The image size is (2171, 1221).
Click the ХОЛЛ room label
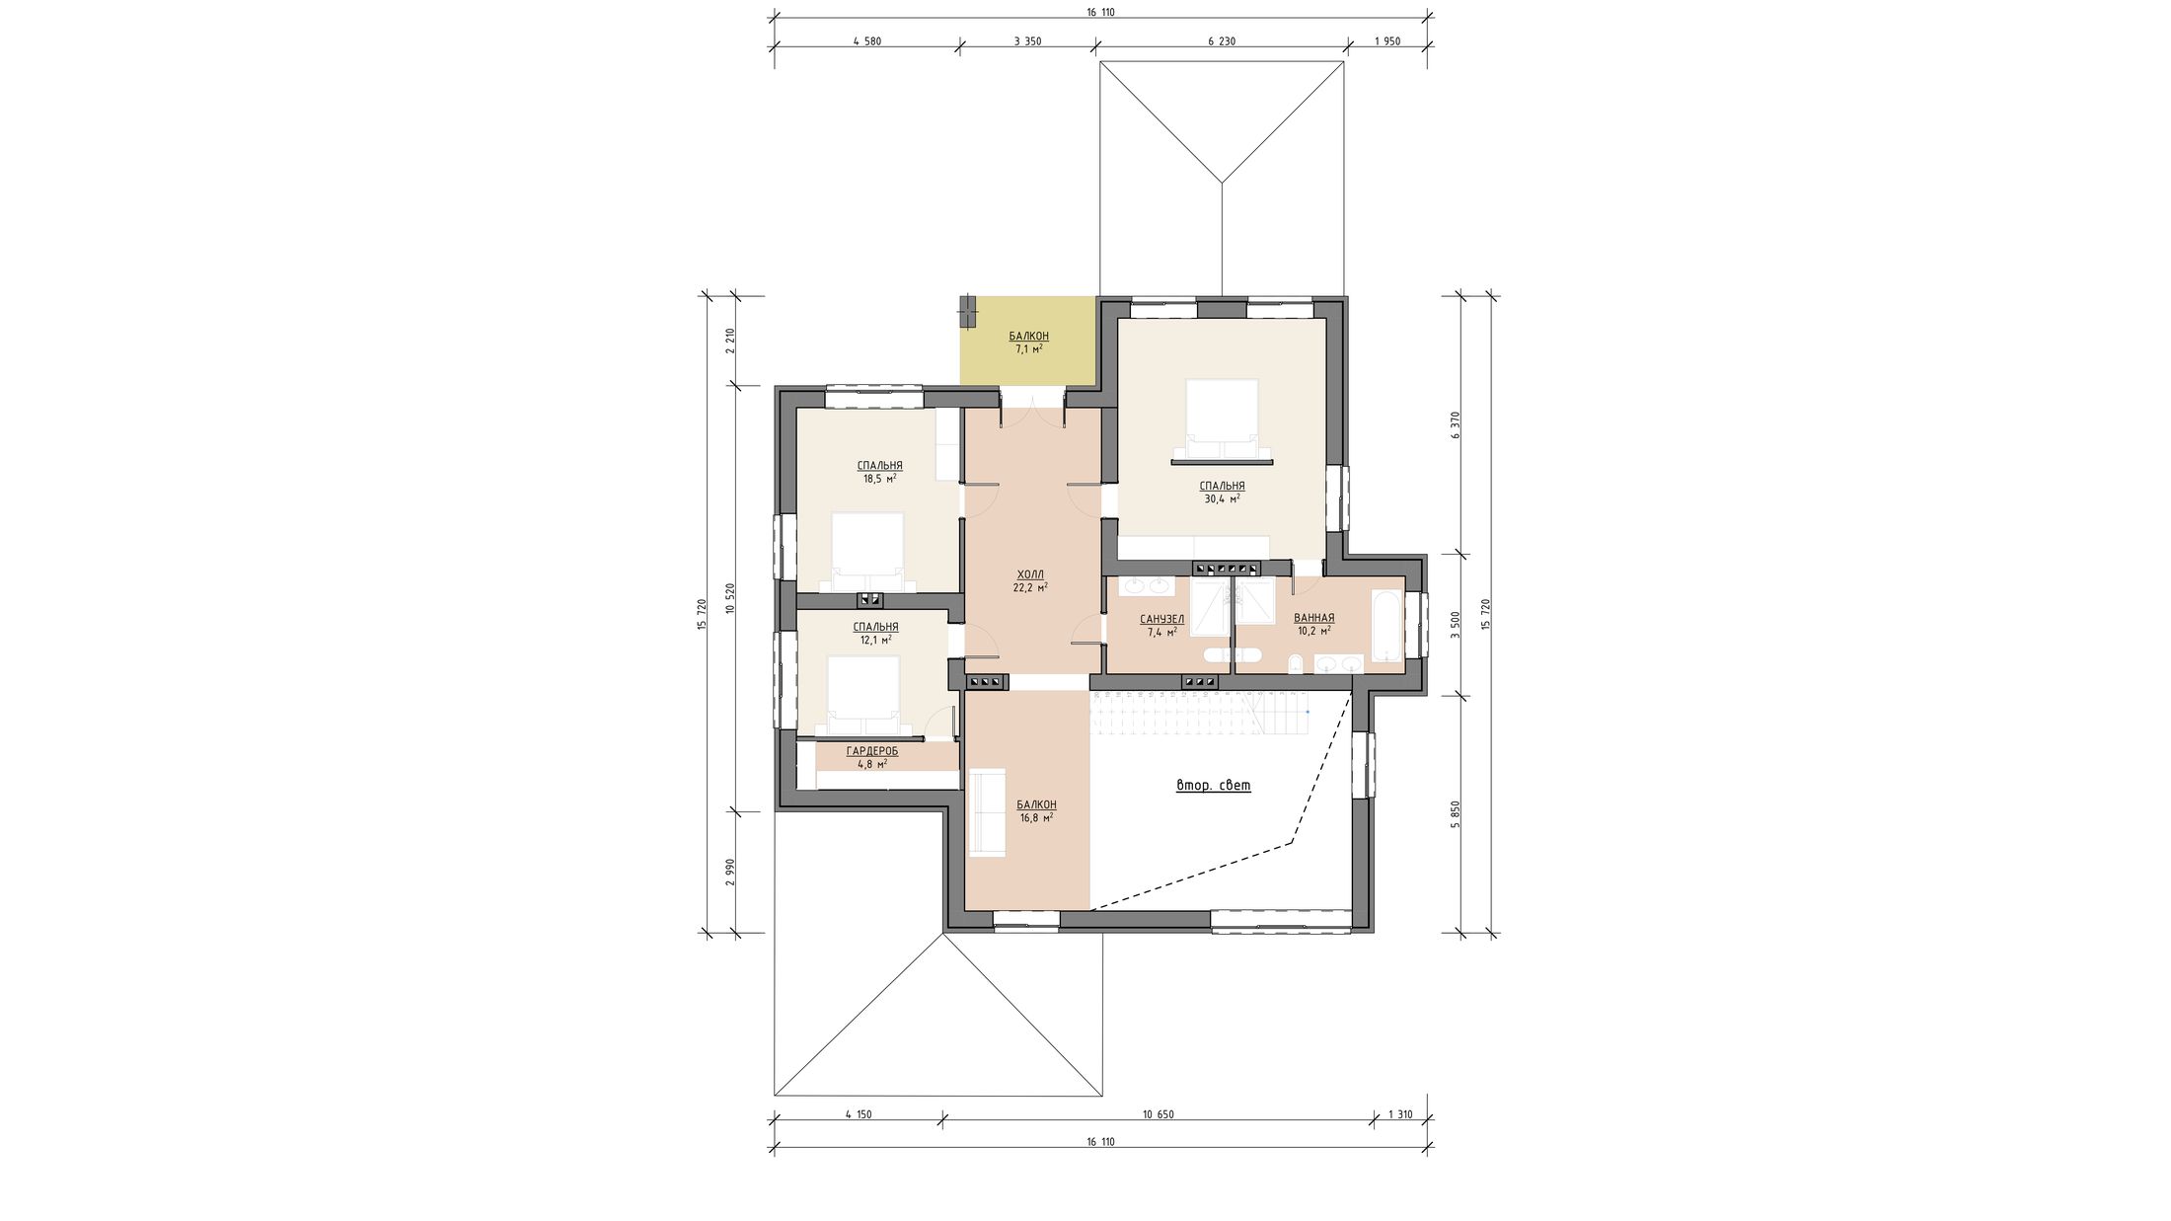[x=1030, y=574]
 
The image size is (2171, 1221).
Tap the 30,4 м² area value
[x=1222, y=499]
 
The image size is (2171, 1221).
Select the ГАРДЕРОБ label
[x=872, y=752]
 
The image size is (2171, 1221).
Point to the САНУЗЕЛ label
[x=1161, y=620]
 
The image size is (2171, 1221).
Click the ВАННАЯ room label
[x=1313, y=618]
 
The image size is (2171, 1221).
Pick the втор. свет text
[x=1214, y=786]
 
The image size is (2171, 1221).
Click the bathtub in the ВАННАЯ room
[x=1386, y=626]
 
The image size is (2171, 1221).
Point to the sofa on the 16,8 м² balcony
[x=987, y=812]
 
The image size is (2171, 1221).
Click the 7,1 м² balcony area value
[x=1028, y=349]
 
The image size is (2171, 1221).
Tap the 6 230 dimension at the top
[x=1222, y=41]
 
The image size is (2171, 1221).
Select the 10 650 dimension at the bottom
[x=1158, y=1114]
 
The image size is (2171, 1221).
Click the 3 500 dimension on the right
[x=1455, y=625]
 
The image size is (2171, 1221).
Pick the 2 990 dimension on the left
[x=729, y=873]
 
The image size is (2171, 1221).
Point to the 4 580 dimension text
[x=865, y=41]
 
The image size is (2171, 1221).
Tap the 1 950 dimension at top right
[x=1387, y=41]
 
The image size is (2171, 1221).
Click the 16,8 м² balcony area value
[x=1036, y=818]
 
